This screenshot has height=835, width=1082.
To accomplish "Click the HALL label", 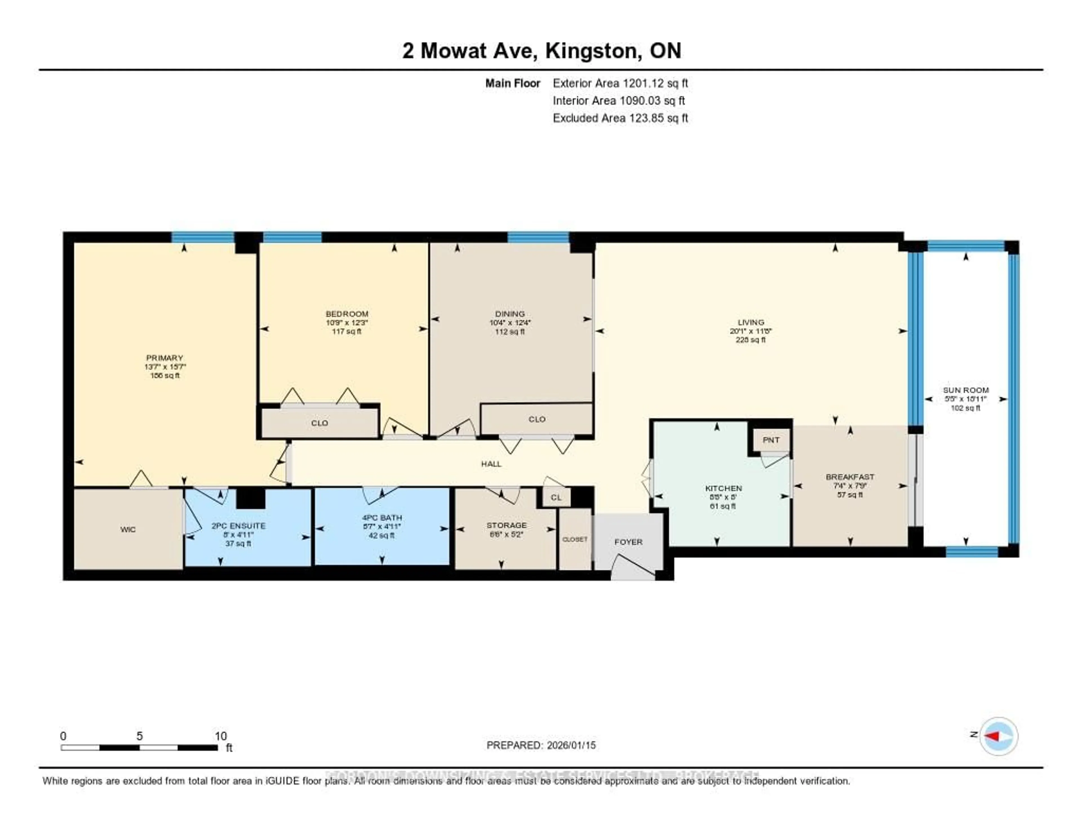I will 491,464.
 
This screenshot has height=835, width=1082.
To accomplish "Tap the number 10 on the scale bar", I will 220,736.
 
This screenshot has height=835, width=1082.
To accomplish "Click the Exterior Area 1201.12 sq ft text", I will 620,83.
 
